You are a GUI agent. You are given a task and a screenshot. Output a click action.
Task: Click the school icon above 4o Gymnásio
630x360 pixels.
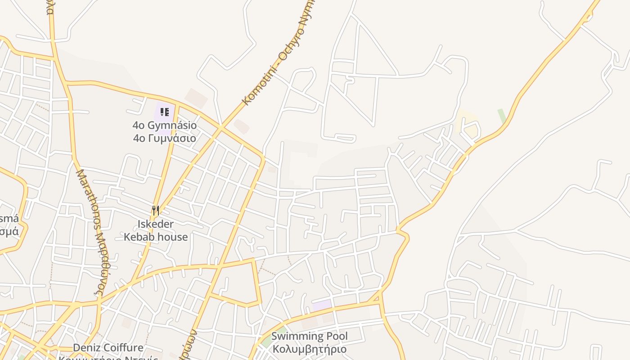(165, 112)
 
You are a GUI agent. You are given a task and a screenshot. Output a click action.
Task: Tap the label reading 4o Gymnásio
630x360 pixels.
(165, 126)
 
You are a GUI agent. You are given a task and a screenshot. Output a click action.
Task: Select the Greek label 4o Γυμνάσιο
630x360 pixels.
(165, 138)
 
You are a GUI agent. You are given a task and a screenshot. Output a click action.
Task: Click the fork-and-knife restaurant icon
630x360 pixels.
(156, 210)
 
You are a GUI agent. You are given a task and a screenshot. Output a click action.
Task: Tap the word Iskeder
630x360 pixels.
(156, 224)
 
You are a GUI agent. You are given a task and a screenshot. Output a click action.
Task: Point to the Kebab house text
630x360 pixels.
(156, 237)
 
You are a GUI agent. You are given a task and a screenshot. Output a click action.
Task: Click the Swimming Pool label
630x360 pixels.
(309, 336)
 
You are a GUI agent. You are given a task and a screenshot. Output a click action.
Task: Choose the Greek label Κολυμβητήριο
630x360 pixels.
(309, 349)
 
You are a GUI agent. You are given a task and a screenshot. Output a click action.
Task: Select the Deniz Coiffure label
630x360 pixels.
(108, 348)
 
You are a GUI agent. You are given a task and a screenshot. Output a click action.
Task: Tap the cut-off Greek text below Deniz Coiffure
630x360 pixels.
(108, 358)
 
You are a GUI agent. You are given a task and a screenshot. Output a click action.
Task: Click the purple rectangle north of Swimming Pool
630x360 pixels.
(322, 306)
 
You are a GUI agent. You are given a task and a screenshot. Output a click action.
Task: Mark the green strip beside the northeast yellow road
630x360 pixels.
(502, 116)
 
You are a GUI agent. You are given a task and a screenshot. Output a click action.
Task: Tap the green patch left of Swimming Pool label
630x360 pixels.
(265, 341)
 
